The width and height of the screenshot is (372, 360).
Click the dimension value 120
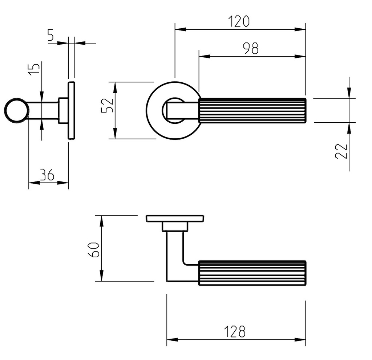coord(240,22)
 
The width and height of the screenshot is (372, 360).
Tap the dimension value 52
coord(108,105)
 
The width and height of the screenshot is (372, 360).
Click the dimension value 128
coord(234,331)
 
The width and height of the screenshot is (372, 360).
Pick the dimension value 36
coord(47,175)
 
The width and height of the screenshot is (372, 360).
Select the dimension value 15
coord(34,69)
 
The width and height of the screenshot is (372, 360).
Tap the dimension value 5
coord(50,35)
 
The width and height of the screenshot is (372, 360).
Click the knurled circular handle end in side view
coord(16,110)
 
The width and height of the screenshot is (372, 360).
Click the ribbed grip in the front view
coord(252,110)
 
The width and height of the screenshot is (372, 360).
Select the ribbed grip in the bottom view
coord(252,273)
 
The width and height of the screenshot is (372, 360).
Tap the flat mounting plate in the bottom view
coord(174,218)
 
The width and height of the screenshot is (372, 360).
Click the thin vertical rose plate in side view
coord(72,110)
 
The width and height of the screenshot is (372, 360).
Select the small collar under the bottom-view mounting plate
coord(175,227)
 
